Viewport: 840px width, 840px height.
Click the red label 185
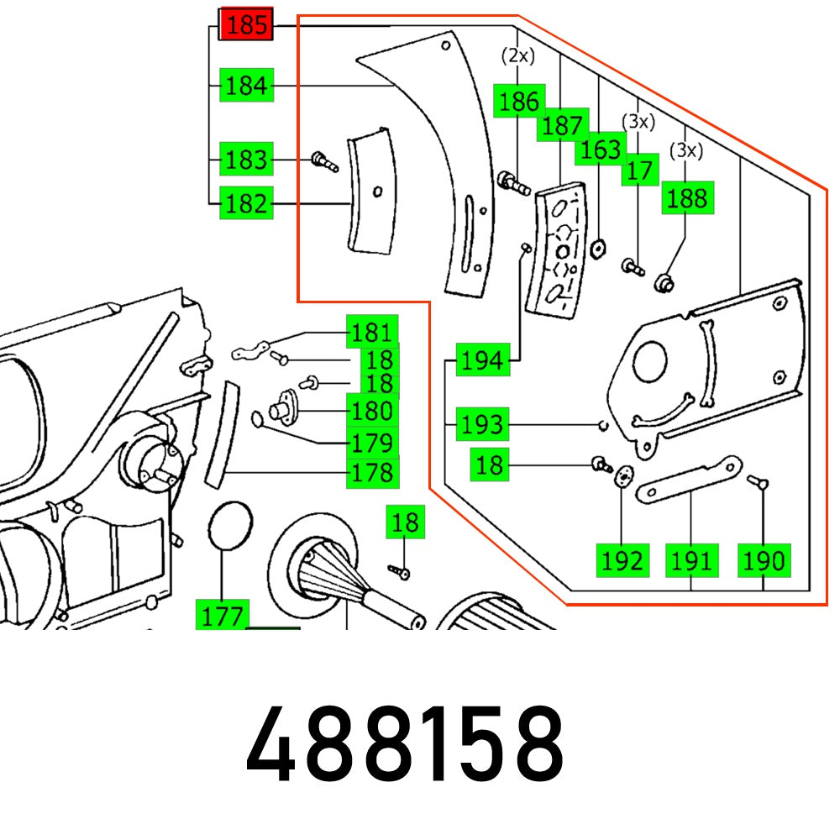pyautogui.click(x=246, y=25)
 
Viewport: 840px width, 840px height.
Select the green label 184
pyautogui.click(x=246, y=86)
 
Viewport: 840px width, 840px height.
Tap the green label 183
pyautogui.click(x=246, y=160)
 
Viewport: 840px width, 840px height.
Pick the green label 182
pyautogui.click(x=246, y=203)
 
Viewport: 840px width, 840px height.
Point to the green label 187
pyautogui.click(x=562, y=125)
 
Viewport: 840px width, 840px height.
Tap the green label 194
pyautogui.click(x=482, y=361)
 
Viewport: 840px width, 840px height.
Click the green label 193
pyautogui.click(x=482, y=425)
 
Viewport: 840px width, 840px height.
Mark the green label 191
pyautogui.click(x=691, y=560)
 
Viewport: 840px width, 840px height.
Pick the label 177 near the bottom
pyautogui.click(x=222, y=616)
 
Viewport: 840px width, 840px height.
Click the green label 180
pyautogui.click(x=373, y=412)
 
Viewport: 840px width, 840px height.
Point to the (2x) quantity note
pyautogui.click(x=517, y=56)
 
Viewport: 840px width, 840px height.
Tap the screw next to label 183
pyautogui.click(x=323, y=160)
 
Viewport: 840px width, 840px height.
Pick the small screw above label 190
pyautogui.click(x=759, y=483)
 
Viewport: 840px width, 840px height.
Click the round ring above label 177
pyautogui.click(x=228, y=527)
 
